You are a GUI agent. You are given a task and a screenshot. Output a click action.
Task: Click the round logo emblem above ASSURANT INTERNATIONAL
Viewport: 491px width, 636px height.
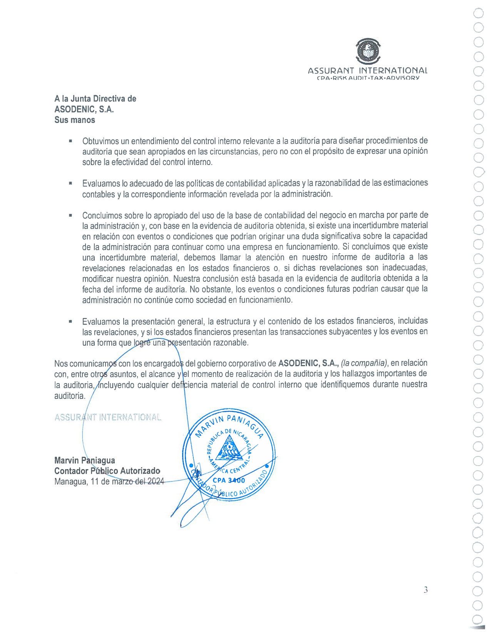[368, 51]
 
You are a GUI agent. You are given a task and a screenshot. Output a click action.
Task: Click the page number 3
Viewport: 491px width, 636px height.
[426, 590]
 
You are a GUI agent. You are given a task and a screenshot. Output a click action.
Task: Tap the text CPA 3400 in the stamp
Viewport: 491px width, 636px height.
[229, 480]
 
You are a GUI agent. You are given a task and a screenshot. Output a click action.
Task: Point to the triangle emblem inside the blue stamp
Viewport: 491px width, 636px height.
[229, 448]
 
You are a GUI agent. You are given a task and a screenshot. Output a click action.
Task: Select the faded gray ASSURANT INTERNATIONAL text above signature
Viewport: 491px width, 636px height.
[108, 417]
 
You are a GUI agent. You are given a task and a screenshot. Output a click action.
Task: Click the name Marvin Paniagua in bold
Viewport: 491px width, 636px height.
[85, 460]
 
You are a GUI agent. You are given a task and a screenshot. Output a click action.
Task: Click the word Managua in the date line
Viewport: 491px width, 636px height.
[70, 481]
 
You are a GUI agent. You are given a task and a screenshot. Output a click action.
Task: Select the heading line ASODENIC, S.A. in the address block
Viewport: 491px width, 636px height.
[84, 109]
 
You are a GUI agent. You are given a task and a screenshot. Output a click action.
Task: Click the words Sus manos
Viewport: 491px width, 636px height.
[75, 120]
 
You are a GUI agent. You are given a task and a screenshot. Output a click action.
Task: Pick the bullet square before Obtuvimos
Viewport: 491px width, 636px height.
[70, 141]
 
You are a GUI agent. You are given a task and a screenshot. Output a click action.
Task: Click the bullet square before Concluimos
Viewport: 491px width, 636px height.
[70, 215]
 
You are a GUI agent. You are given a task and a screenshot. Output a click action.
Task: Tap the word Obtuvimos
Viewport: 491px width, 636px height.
[100, 141]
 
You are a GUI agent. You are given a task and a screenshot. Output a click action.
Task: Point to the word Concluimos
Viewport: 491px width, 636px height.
[101, 215]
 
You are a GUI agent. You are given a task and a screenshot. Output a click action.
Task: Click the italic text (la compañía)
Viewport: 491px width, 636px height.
[365, 363]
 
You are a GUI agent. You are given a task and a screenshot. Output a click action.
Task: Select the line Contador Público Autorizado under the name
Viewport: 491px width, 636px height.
[107, 471]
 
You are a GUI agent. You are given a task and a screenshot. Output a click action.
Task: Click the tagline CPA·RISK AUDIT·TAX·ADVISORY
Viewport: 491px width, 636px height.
[367, 78]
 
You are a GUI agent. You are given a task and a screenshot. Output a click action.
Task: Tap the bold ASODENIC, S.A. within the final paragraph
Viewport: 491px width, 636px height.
[308, 363]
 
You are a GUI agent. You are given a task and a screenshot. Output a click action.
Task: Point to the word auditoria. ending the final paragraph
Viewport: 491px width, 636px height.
[70, 396]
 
